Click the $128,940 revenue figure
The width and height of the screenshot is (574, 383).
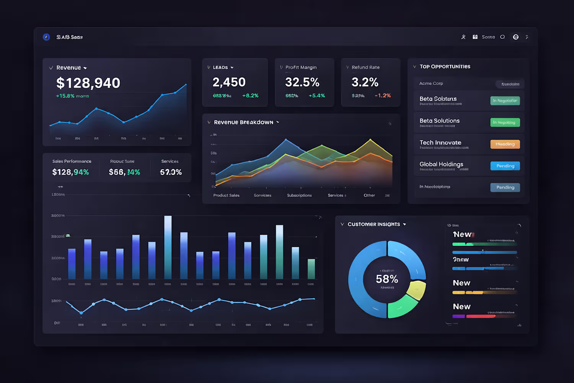[88, 83]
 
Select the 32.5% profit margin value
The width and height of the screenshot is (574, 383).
[302, 82]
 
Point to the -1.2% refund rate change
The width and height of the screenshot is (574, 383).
[383, 96]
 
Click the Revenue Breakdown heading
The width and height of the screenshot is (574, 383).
[243, 122]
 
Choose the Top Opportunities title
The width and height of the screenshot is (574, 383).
[445, 67]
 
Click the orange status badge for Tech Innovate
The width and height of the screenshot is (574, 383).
[505, 144]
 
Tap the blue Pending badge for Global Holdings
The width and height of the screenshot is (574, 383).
[505, 166]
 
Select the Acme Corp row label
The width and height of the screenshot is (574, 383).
[431, 83]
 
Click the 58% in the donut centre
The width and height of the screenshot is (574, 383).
[387, 279]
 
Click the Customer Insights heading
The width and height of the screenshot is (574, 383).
[373, 224]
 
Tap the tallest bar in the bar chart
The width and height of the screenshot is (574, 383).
[168, 247]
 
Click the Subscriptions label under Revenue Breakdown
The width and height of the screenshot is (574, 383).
[299, 195]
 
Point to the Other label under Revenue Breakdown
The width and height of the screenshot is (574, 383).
[369, 195]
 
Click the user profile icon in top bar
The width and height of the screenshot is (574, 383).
[463, 37]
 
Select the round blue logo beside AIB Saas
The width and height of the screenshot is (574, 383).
[46, 37]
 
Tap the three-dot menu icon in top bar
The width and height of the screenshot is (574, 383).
[527, 37]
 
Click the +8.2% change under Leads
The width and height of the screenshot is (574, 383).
[250, 96]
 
